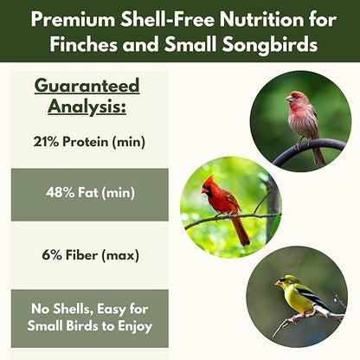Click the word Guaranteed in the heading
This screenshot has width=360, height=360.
(x=87, y=86)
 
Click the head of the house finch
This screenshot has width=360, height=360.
(x=296, y=99)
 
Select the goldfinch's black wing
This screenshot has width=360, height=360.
(x=314, y=298)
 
